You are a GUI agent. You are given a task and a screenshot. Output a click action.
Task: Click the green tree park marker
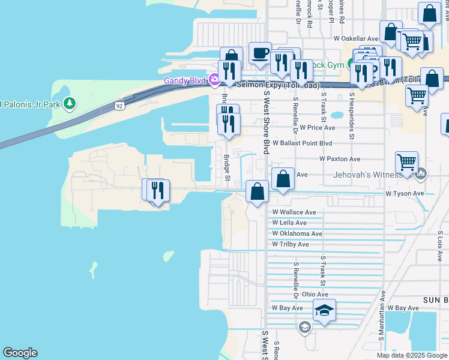click(x=70, y=103)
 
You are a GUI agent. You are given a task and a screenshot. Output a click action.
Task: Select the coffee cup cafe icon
click(x=260, y=53)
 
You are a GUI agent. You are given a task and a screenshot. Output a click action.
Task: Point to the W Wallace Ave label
click(x=294, y=212)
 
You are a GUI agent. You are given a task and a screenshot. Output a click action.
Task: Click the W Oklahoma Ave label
click(x=297, y=234)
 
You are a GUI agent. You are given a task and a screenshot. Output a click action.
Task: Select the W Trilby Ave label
click(x=290, y=245)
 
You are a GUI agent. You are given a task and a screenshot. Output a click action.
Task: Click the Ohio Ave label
click(x=315, y=295)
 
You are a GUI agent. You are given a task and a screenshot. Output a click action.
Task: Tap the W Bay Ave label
click(x=286, y=308)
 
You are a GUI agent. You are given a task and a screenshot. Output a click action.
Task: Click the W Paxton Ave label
click(x=339, y=159)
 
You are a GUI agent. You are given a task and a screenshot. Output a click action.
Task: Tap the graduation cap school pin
click(x=324, y=310)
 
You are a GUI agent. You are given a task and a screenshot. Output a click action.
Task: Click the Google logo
click(x=20, y=353)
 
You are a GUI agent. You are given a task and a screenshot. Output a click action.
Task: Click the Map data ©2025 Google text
click(x=411, y=355)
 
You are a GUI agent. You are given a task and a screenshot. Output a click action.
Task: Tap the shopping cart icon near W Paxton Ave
click(x=406, y=161)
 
